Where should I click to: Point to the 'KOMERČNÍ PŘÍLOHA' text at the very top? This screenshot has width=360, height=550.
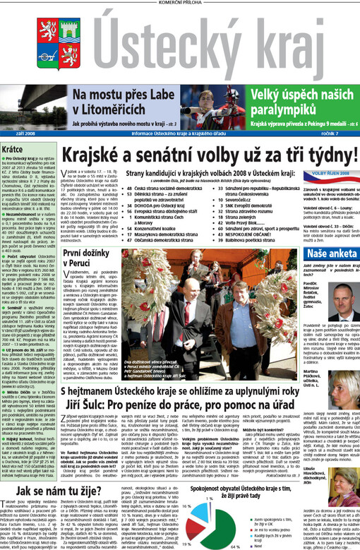point(180,4)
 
